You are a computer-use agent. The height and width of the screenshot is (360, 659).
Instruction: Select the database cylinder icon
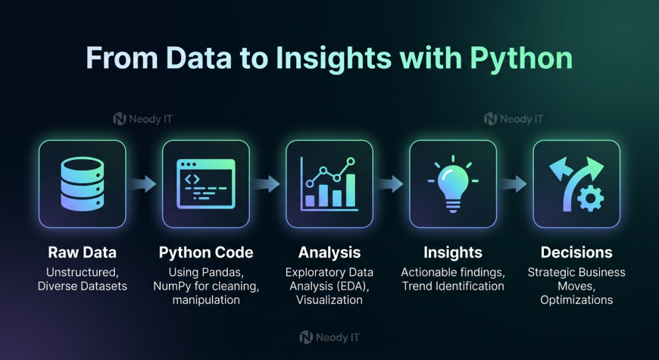83,183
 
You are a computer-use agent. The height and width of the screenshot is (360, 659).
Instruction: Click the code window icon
206,183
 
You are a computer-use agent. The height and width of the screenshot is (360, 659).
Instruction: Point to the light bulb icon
453,183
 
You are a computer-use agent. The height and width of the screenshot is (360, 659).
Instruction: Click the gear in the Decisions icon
591,198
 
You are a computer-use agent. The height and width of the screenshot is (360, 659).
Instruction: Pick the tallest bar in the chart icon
351,190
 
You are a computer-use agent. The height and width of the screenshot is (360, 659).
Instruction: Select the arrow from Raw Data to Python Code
142,183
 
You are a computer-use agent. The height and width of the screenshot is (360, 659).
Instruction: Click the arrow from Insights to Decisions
513,183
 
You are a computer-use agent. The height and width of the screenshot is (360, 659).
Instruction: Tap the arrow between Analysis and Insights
389,183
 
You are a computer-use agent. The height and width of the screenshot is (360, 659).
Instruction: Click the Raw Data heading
83,252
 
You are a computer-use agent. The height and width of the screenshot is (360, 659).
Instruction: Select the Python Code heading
206,252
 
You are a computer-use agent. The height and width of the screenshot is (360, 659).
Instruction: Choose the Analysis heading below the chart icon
329,252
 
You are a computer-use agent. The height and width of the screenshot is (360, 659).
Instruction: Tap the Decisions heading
576,252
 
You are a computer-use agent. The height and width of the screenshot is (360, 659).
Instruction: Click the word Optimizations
576,300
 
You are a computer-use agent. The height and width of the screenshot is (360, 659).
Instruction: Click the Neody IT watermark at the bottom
329,337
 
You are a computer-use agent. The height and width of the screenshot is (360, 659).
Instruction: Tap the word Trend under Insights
416,286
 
